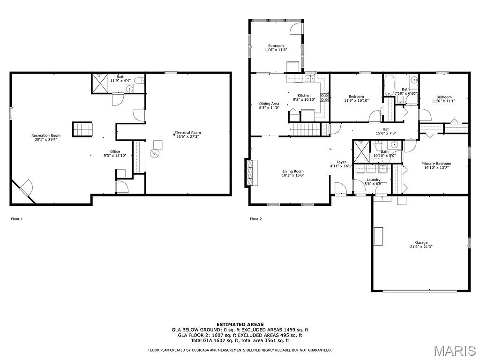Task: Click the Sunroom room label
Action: click(276, 45)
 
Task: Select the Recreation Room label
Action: click(46, 135)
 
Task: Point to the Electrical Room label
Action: click(187, 133)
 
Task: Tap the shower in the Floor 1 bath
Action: click(99, 83)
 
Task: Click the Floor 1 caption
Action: click(16, 219)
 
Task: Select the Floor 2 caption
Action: click(255, 219)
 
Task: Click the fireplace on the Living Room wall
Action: click(251, 173)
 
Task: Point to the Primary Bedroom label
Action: click(436, 164)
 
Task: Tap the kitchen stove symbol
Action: click(324, 97)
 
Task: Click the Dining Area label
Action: click(269, 104)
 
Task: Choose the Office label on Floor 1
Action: click(115, 151)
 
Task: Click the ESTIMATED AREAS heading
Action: click(240, 324)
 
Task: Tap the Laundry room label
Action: click(374, 180)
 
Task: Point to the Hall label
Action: click(386, 129)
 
